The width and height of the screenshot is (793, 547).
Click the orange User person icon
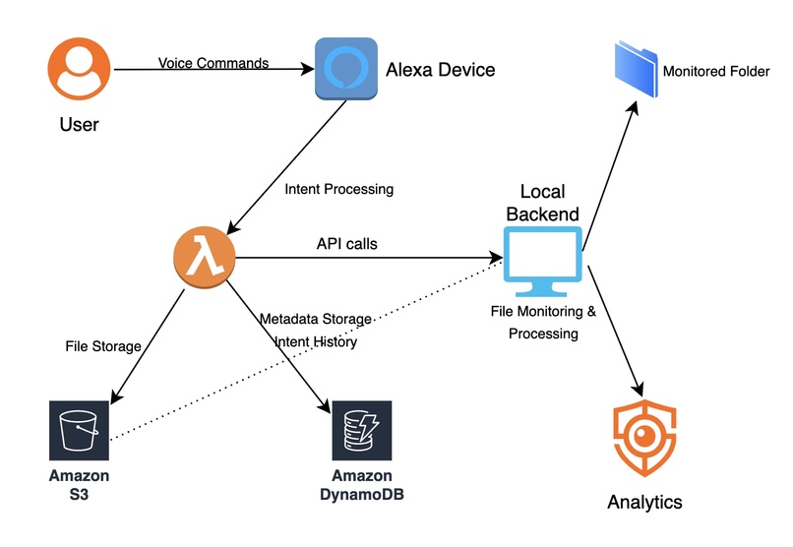click(x=80, y=69)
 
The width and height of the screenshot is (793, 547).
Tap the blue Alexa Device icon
click(x=346, y=69)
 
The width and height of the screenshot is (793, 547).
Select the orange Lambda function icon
click(x=204, y=259)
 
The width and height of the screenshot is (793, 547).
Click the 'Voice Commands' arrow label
click(x=213, y=63)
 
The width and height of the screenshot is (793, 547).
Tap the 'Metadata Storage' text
click(x=315, y=319)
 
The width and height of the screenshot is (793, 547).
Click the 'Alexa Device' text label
click(x=440, y=70)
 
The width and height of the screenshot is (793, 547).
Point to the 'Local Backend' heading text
click(x=543, y=201)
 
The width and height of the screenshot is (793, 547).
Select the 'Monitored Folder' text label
click(x=717, y=72)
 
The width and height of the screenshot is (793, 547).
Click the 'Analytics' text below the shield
click(x=643, y=502)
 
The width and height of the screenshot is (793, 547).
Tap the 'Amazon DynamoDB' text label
click(x=361, y=485)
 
